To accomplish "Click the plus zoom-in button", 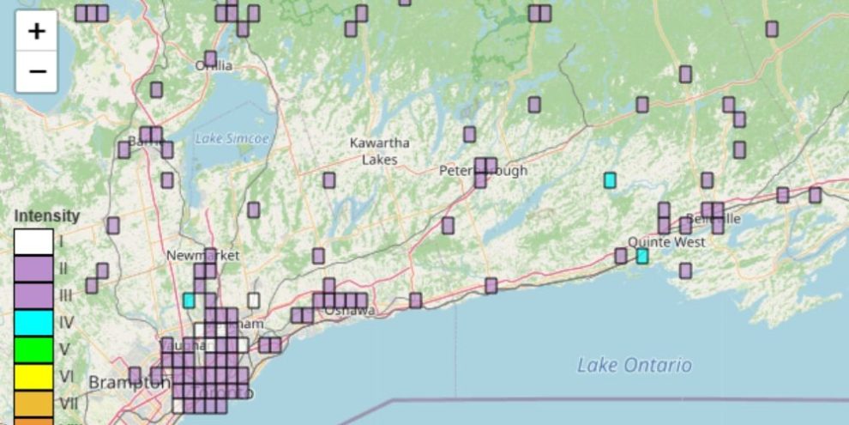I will click(36, 32).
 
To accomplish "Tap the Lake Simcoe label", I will click(232, 138).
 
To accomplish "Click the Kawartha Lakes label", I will click(379, 151).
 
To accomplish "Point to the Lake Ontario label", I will click(634, 366).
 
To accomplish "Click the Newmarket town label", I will click(203, 256).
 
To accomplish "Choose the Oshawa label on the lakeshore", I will click(349, 311).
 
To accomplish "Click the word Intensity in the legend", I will click(47, 216).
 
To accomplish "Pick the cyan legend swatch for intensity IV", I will click(33, 323).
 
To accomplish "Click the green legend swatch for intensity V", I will click(33, 349).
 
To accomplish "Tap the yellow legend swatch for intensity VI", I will click(33, 376).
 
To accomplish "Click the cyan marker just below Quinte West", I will click(642, 256).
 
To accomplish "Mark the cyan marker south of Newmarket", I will click(189, 301).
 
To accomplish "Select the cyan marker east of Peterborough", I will click(610, 180).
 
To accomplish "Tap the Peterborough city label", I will click(483, 171).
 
